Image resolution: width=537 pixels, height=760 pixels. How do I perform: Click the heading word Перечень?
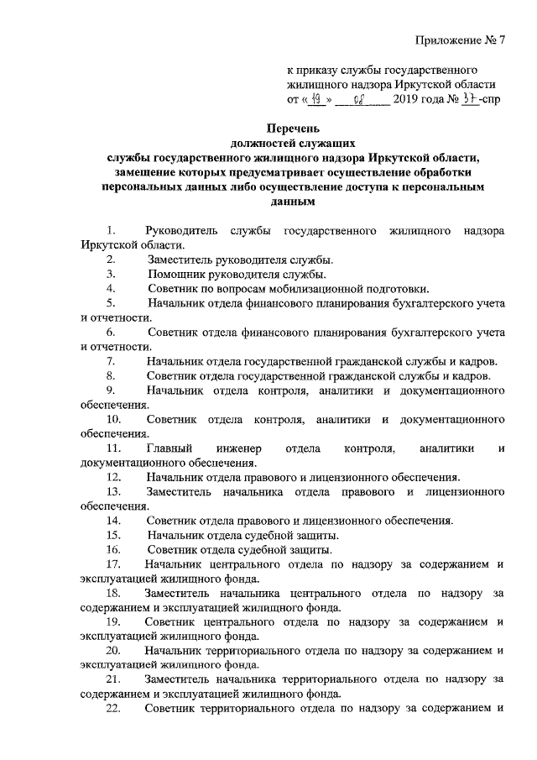(x=294, y=128)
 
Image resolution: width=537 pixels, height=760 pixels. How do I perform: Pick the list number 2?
(x=111, y=259)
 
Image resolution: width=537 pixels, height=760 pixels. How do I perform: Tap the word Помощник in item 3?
(x=176, y=274)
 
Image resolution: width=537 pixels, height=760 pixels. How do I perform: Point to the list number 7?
(x=111, y=360)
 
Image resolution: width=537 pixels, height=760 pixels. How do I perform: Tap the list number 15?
(x=113, y=534)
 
